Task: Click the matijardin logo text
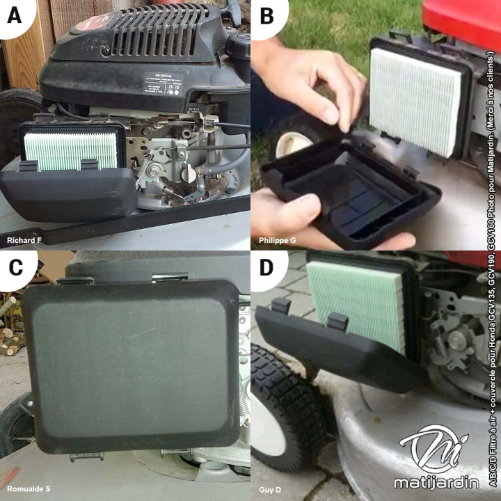(x=436, y=482)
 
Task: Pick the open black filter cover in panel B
(x=348, y=195)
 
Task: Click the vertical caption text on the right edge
(x=493, y=250)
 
